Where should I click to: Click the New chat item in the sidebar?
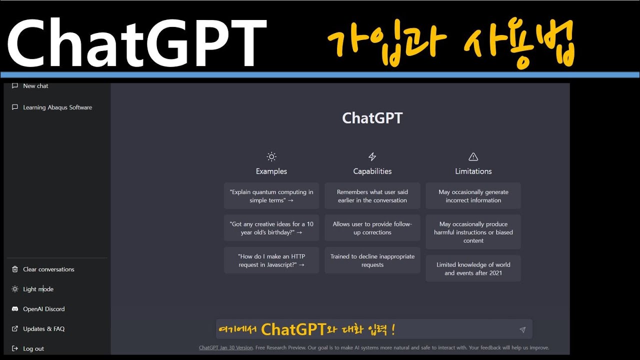[x=35, y=86]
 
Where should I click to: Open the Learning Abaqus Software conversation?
[x=57, y=107]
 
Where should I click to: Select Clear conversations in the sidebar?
[x=48, y=269]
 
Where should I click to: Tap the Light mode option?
[x=38, y=289]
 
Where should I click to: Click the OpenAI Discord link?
[x=43, y=309]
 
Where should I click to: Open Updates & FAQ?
[x=43, y=329]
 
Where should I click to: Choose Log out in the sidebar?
[x=33, y=348]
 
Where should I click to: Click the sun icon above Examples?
[x=271, y=156]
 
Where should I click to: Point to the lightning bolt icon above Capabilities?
[x=372, y=156]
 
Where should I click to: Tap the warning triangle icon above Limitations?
[x=473, y=156]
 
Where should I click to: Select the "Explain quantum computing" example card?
[x=271, y=196]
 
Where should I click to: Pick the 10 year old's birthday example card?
[x=271, y=228]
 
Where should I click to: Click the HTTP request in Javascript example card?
[x=271, y=260]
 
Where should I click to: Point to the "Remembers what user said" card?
[x=372, y=196]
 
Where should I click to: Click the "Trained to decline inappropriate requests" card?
[x=372, y=260]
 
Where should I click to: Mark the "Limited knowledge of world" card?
[x=473, y=268]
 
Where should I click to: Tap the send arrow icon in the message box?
[x=522, y=329]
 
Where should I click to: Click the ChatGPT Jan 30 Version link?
[x=225, y=347]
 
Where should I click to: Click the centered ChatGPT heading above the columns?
[x=372, y=118]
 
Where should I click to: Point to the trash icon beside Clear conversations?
[x=15, y=269]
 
